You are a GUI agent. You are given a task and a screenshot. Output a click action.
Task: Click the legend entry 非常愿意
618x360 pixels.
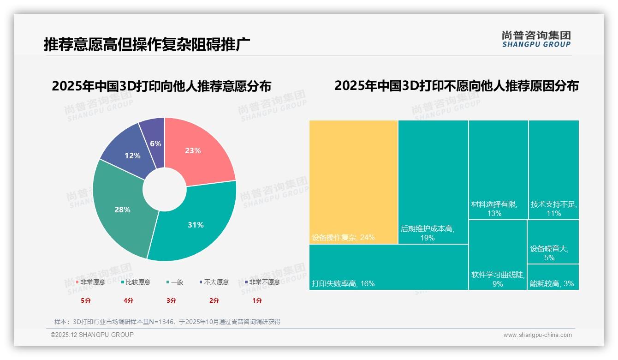pyautogui.click(x=90, y=282)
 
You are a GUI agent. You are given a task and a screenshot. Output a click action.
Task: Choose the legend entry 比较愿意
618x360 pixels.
pyautogui.click(x=136, y=282)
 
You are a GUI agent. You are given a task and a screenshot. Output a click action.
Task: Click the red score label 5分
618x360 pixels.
pyautogui.click(x=86, y=300)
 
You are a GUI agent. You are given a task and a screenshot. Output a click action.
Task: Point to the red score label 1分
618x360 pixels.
pyautogui.click(x=257, y=300)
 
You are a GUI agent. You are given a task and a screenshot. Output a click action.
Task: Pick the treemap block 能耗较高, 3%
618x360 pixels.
pyautogui.click(x=553, y=277)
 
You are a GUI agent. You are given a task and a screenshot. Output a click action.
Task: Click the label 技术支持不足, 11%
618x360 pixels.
pyautogui.click(x=553, y=209)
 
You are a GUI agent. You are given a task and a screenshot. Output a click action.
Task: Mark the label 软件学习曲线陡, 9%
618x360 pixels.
pyautogui.click(x=498, y=279)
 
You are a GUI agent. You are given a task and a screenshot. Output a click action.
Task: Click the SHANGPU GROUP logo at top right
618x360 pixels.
pyautogui.click(x=536, y=39)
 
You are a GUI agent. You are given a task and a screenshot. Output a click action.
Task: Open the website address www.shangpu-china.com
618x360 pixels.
pyautogui.click(x=537, y=335)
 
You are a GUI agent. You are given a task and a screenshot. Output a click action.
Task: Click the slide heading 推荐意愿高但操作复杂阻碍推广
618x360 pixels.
pyautogui.click(x=147, y=44)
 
